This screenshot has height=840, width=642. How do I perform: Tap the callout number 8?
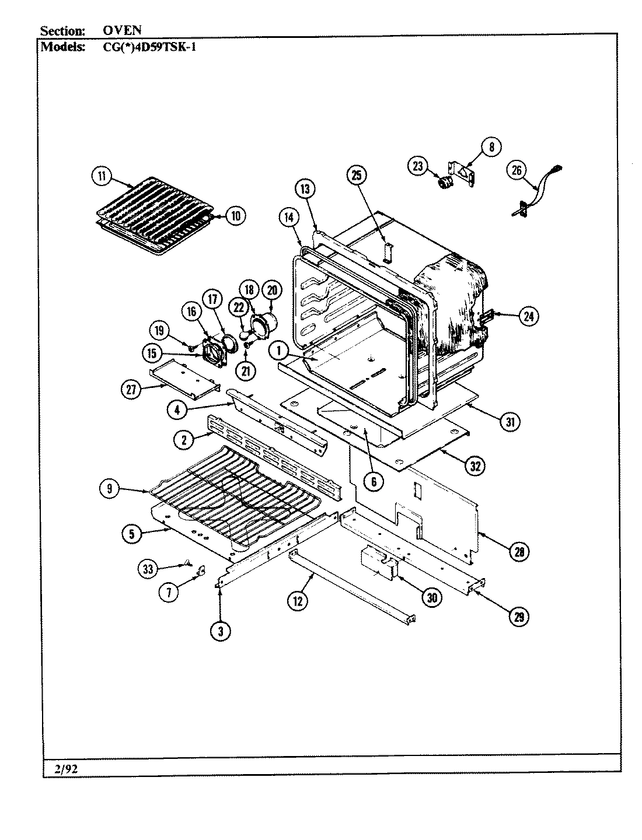(491, 147)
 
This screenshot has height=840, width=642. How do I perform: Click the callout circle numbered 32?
(476, 465)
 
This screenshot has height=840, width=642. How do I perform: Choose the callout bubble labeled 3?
(221, 630)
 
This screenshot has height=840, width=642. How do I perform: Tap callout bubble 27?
(131, 390)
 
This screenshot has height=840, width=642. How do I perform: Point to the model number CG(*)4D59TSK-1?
(145, 47)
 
